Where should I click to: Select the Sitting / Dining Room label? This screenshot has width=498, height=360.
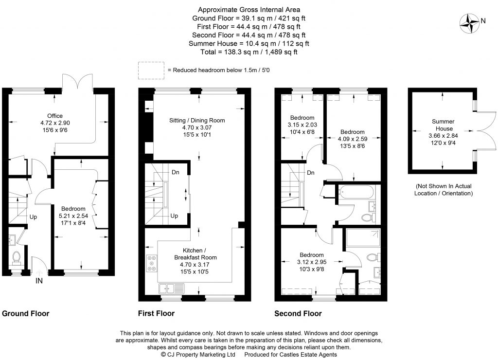pyautogui.click(x=197, y=120)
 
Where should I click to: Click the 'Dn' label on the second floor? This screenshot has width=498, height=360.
pyautogui.click(x=310, y=173)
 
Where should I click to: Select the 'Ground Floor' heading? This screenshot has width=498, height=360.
pyautogui.click(x=26, y=314)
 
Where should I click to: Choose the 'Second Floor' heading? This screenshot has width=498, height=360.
pyautogui.click(x=298, y=314)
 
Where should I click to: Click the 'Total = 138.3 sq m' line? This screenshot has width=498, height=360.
pyautogui.click(x=249, y=52)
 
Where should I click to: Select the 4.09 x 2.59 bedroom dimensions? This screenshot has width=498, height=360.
pyautogui.click(x=352, y=139)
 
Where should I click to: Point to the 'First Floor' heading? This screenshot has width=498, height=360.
pyautogui.click(x=157, y=314)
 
